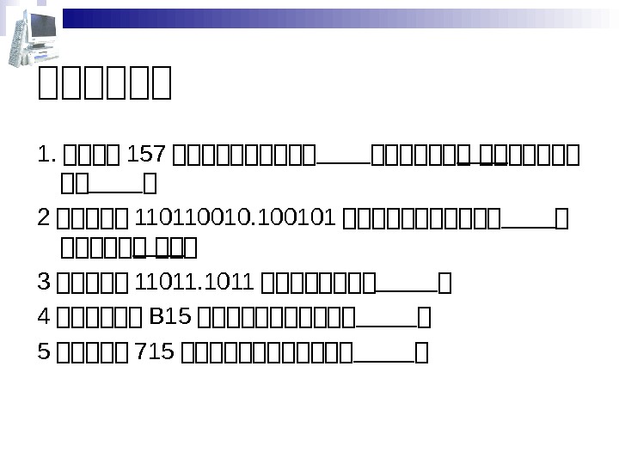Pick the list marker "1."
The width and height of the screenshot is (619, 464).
pos(48,157)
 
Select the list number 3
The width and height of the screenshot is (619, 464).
pos(44,282)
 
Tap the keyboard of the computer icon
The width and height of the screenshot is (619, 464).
pos(43,53)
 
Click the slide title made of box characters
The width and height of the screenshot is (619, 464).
pos(106,85)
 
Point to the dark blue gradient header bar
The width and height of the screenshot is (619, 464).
pos(335,18)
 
